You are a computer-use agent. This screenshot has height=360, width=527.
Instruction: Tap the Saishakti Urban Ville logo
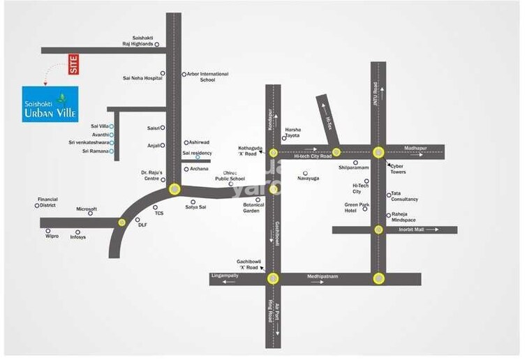click(x=50, y=103)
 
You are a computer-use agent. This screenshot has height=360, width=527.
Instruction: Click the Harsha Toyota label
click(x=292, y=133)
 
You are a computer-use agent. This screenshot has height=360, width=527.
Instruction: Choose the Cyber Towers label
click(x=398, y=169)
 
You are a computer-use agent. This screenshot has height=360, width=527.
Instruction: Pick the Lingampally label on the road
click(x=224, y=277)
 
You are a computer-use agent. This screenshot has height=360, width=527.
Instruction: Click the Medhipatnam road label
click(x=322, y=277)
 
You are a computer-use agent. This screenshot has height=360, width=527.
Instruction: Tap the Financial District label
click(x=47, y=202)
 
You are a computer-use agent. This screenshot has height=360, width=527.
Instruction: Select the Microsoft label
click(x=87, y=209)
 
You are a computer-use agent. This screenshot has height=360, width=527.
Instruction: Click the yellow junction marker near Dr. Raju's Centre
click(x=174, y=188)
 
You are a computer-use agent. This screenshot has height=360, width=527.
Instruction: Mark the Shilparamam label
click(x=352, y=168)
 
